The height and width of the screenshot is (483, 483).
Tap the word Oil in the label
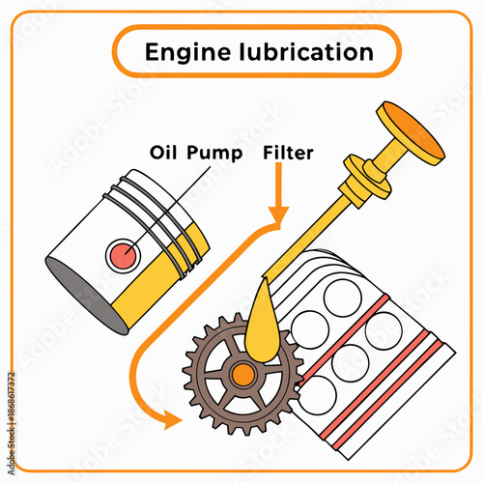tap(166, 152)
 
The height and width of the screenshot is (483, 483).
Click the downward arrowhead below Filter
tap(278, 213)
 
